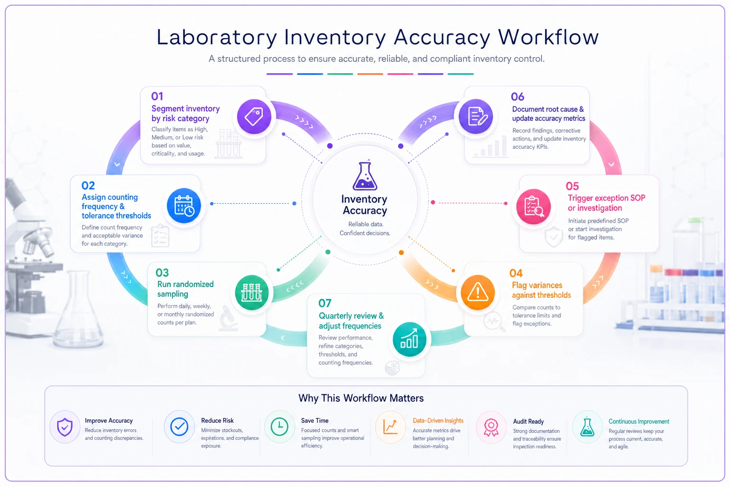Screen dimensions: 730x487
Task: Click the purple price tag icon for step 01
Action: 254,117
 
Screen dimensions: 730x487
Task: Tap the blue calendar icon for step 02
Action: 184,205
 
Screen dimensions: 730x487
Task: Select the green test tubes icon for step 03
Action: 251,292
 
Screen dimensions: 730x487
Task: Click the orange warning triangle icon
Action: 478,292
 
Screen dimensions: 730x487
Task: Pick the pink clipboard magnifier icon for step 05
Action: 534,206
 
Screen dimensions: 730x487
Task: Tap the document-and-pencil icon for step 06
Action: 475,117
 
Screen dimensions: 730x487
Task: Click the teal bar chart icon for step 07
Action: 409,339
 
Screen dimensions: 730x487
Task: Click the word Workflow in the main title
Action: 548,37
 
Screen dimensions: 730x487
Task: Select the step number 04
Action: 516,273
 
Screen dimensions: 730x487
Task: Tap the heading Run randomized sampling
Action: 185,289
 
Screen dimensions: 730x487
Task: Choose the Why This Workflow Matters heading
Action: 361,398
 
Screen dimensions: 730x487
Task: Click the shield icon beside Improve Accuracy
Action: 65,427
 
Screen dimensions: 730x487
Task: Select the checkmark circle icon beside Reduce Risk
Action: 179,426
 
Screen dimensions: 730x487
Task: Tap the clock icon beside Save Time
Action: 279,426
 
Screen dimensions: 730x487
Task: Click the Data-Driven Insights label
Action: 438,421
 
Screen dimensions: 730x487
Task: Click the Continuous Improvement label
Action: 639,421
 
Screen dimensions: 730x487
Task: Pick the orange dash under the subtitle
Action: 370,74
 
